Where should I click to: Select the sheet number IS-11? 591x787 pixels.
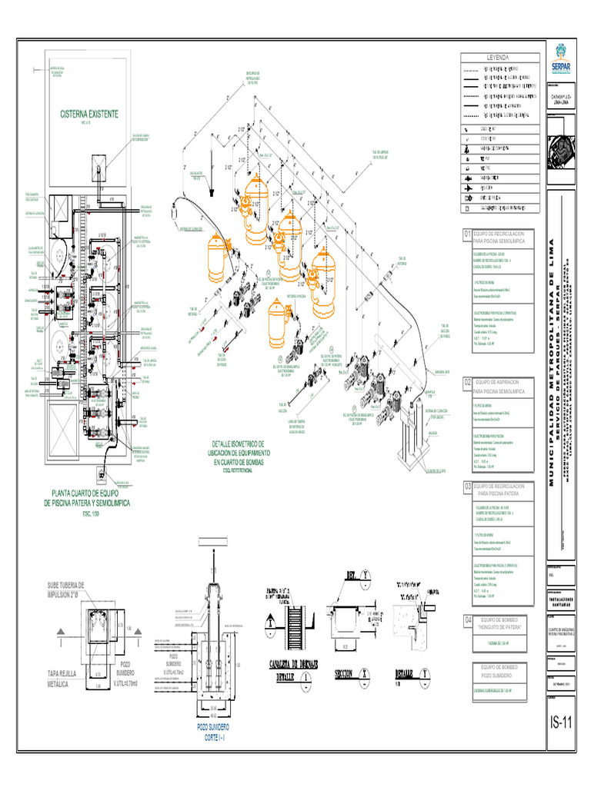point(563,723)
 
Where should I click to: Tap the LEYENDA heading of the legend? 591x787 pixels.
point(503,58)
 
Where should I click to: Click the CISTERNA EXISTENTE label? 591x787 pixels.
point(89,114)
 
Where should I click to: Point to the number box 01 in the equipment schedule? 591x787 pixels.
point(466,234)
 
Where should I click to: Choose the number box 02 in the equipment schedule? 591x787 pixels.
point(466,382)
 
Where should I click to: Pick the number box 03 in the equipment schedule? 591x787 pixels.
point(466,487)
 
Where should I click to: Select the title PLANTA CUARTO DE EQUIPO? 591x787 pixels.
point(90,497)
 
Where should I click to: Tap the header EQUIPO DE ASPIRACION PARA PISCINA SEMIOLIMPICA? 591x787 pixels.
point(499,386)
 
